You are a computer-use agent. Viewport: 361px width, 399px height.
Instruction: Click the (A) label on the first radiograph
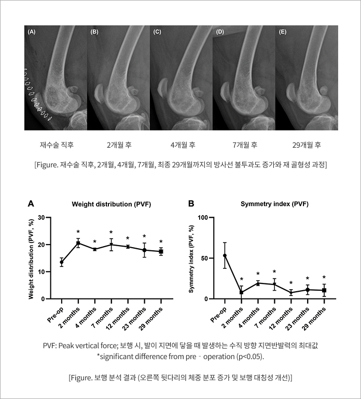[x=32, y=32]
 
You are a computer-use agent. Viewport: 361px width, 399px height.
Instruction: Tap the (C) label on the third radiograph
[x=157, y=32]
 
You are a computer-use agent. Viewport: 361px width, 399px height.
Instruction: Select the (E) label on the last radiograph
[x=283, y=32]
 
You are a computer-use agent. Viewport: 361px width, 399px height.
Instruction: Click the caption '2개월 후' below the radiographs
[x=119, y=145]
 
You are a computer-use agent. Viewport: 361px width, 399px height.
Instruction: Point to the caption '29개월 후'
[x=307, y=145]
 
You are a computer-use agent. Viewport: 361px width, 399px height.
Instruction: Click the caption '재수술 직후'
[x=57, y=145]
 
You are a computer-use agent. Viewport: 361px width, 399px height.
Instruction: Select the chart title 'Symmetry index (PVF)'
[x=274, y=204]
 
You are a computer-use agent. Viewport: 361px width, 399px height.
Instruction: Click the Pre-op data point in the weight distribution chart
[x=62, y=262]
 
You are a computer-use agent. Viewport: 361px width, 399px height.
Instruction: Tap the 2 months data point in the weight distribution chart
[x=78, y=243]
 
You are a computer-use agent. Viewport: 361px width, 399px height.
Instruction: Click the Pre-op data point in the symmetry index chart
[x=225, y=255]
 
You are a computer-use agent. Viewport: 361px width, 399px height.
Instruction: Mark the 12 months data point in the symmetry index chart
[x=291, y=293]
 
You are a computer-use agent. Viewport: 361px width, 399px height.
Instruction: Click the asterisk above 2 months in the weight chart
[x=78, y=232]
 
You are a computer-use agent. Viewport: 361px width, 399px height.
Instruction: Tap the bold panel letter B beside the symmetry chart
[x=191, y=204]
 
